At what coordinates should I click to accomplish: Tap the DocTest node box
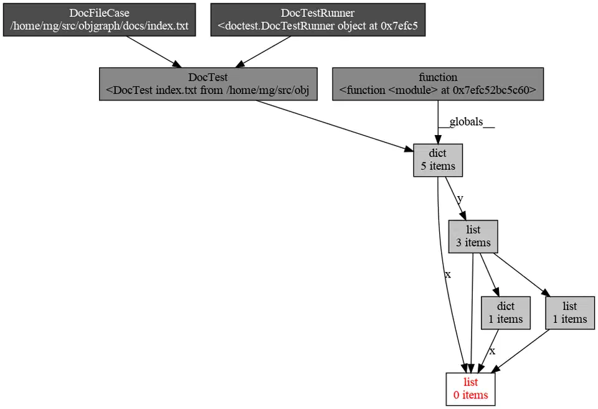tap(208, 84)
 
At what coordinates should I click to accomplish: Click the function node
tap(438, 84)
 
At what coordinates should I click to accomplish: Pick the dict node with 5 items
tap(438, 160)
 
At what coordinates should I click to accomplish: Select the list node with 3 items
tap(473, 237)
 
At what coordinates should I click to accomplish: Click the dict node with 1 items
tap(505, 313)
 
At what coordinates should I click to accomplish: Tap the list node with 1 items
tap(569, 313)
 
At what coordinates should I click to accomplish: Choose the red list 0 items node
tap(470, 388)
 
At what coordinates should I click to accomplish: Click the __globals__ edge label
tap(467, 122)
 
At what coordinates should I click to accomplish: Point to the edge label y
tap(460, 199)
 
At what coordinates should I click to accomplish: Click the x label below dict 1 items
tap(492, 351)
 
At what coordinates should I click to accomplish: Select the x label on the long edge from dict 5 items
tap(447, 275)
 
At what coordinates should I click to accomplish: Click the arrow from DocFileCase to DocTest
tap(153, 52)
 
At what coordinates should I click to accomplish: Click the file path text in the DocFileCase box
tap(100, 26)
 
